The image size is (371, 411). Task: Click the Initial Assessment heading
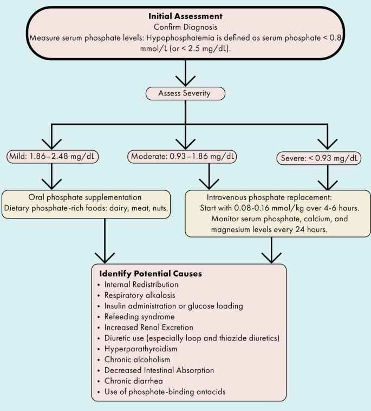[186, 16]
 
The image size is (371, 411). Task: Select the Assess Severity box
[185, 93]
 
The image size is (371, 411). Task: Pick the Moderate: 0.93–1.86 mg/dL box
[183, 157]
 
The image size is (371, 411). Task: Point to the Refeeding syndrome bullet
[132, 317]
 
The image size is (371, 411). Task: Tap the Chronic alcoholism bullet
[134, 359]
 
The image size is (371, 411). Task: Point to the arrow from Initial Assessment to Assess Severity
[186, 73]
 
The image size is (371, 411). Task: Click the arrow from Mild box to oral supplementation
[51, 176]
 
